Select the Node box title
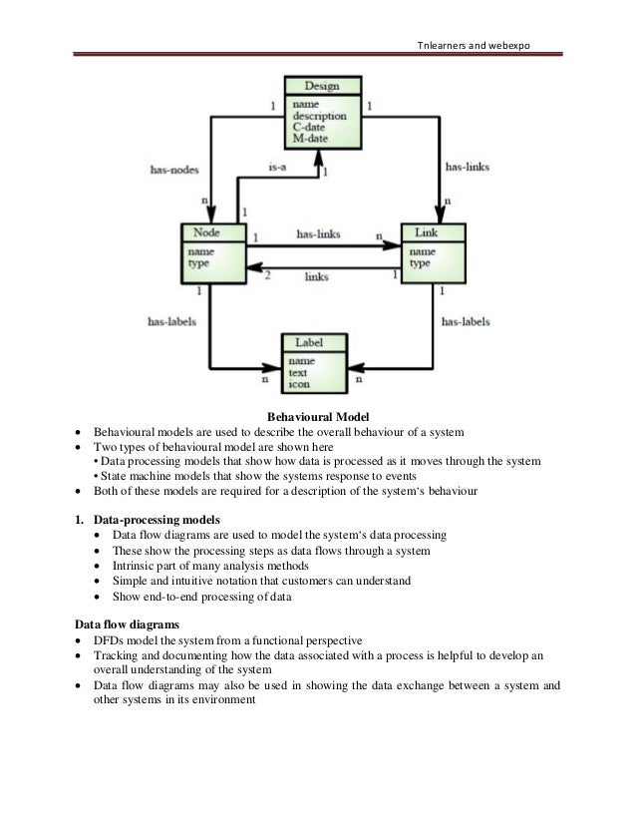201,232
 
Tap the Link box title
426,232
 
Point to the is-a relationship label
277,170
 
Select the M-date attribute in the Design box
309,138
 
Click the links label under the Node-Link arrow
317,275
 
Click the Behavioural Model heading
318,416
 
